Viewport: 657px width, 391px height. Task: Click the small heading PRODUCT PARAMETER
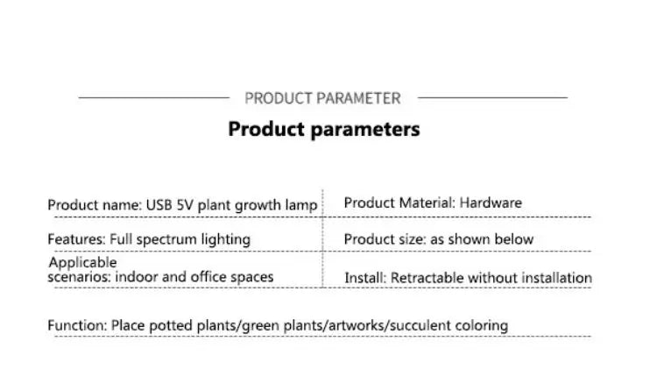[322, 98]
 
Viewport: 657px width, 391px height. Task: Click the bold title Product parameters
[324, 129]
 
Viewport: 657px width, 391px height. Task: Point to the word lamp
[300, 205]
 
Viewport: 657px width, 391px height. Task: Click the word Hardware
[491, 203]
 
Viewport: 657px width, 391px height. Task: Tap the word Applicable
[82, 262]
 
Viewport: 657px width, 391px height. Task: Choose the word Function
[76, 325]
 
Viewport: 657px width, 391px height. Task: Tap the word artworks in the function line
[359, 325]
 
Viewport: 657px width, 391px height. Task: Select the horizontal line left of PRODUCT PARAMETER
[153, 98]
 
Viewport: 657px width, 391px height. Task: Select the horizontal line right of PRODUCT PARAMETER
[492, 98]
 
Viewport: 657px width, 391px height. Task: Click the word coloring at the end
[481, 325]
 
